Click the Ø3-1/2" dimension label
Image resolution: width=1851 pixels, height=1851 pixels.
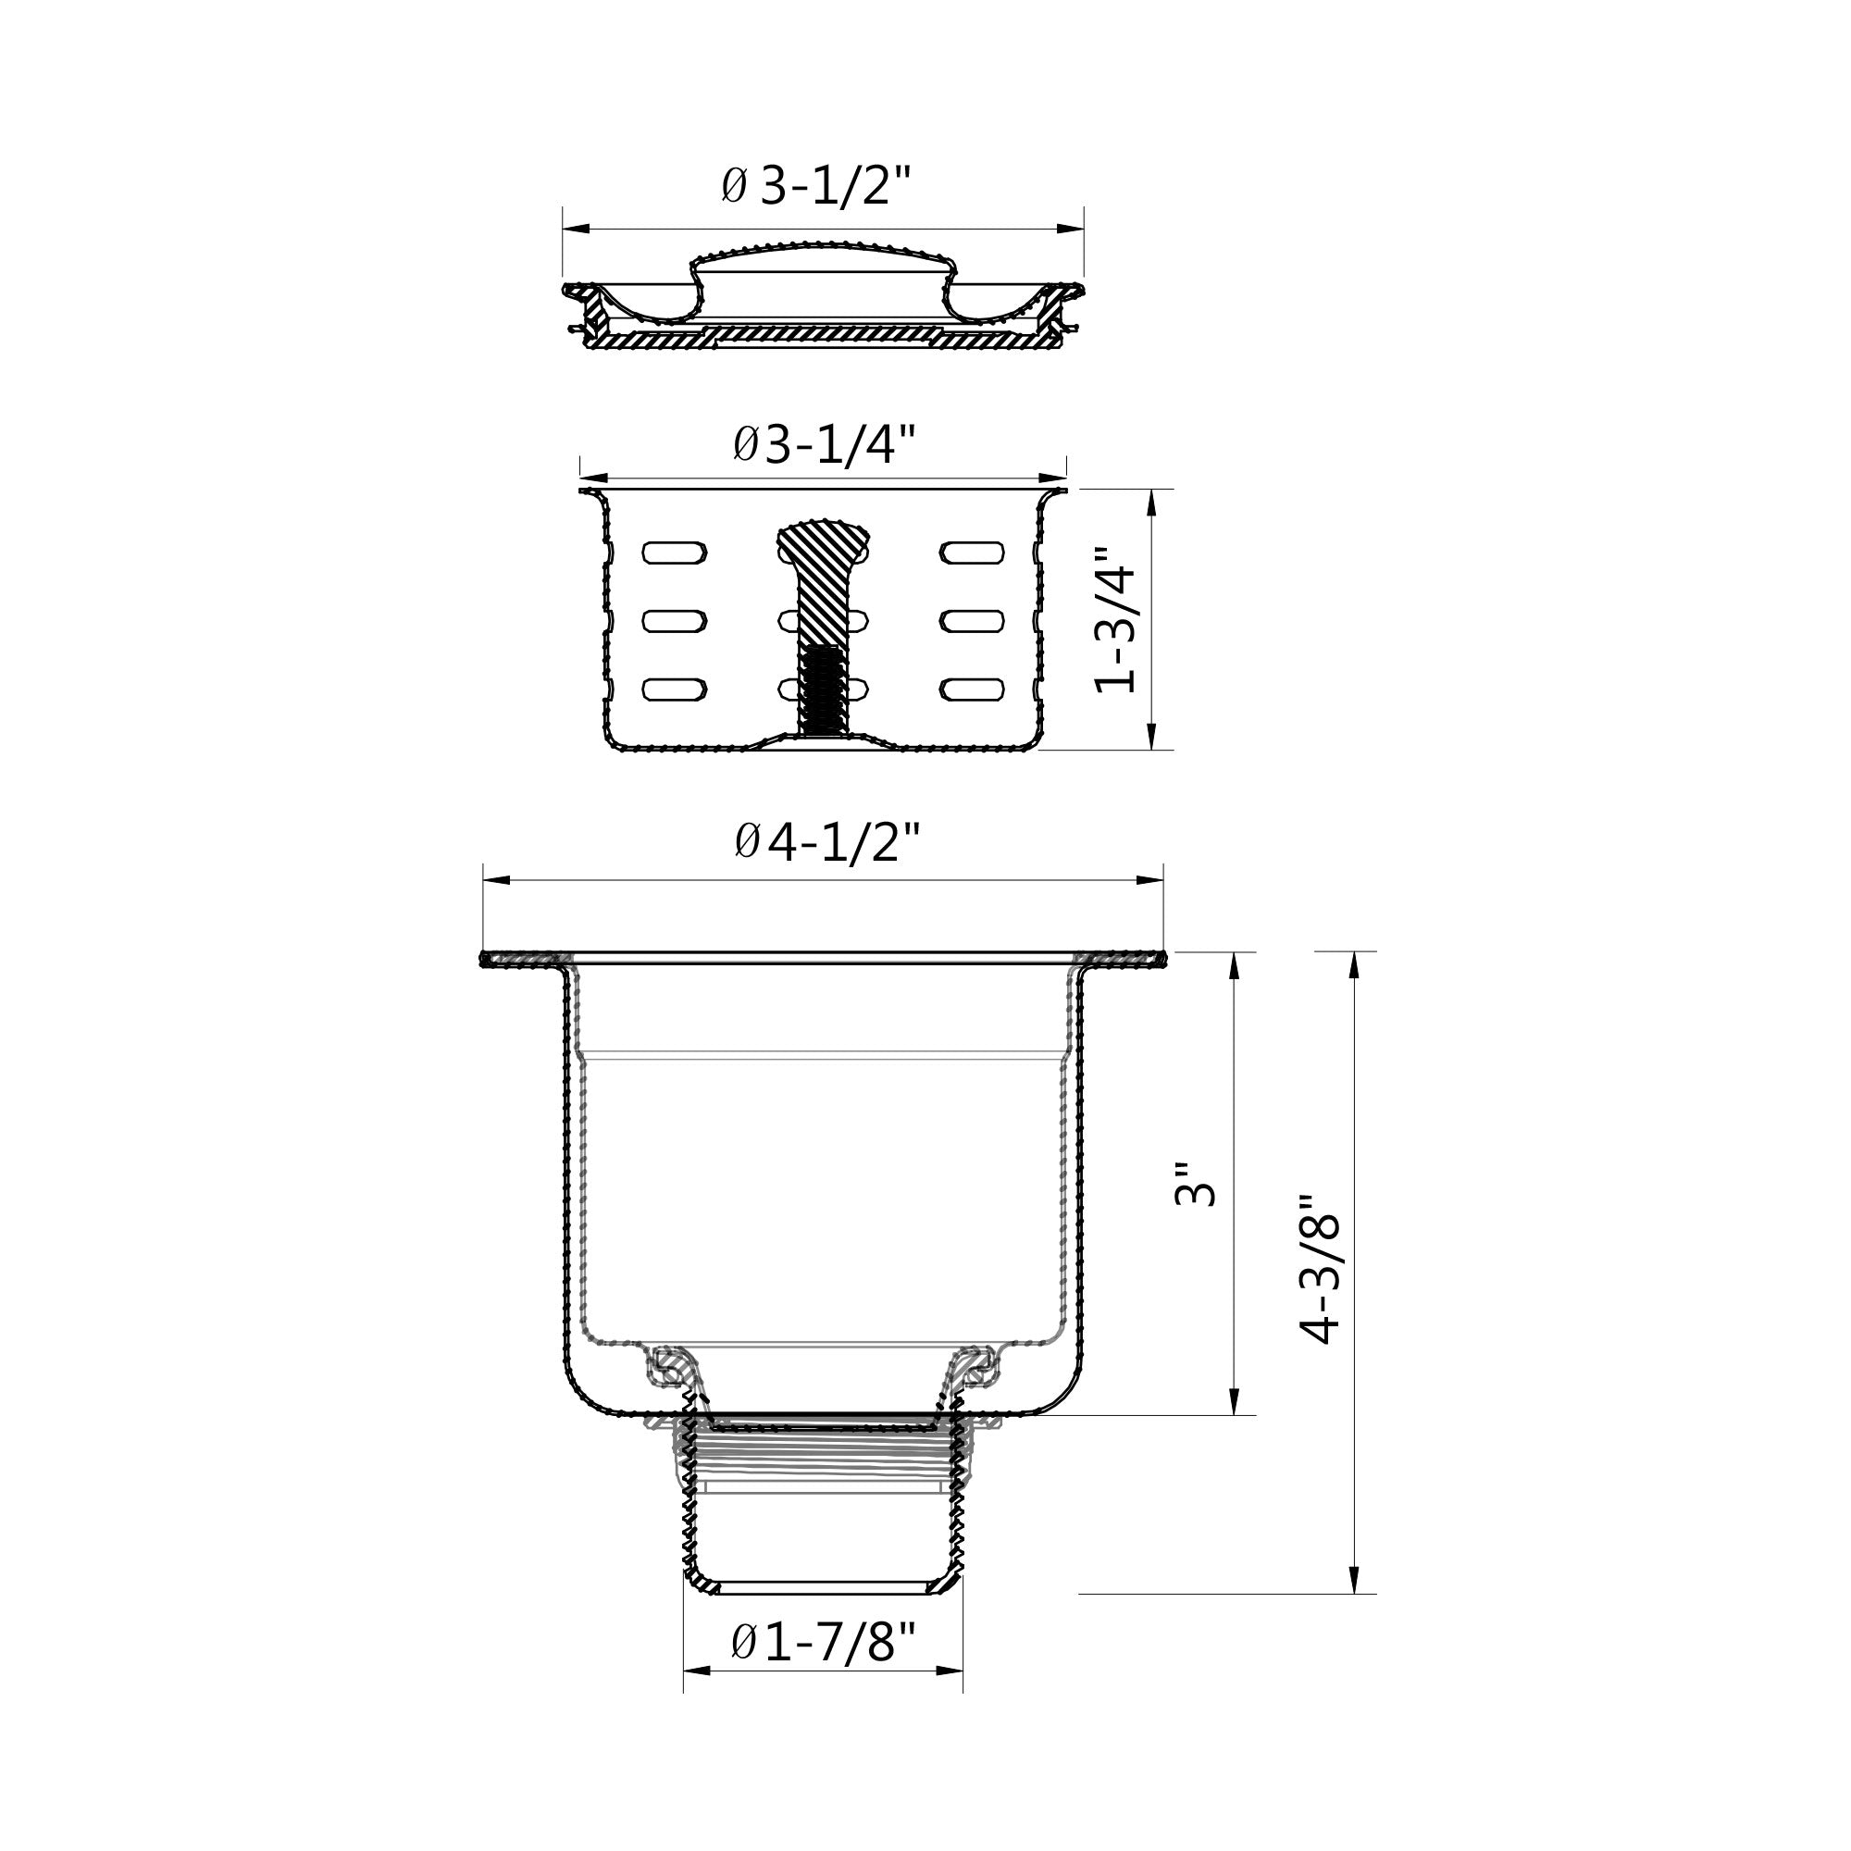tap(814, 186)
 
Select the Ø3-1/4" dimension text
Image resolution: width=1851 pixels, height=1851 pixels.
tap(824, 443)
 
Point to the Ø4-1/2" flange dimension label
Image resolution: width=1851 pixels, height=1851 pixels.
tap(826, 842)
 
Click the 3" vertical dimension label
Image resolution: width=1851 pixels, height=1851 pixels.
tap(1195, 1185)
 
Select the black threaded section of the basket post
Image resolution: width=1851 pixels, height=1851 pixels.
tap(823, 688)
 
